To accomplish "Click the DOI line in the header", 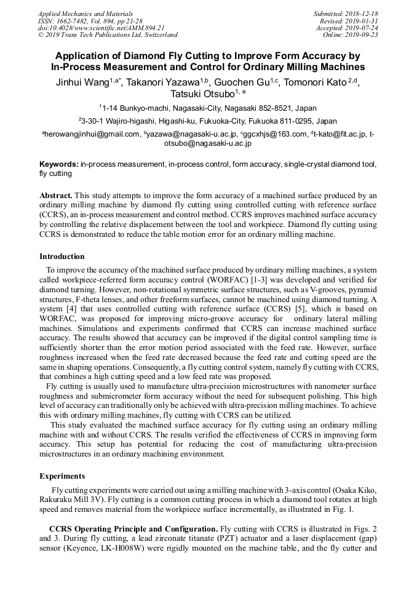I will click(101, 28).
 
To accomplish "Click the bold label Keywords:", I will click(59, 165).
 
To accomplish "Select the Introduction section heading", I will click(62, 257).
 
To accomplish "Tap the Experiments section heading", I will click(62, 476).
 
